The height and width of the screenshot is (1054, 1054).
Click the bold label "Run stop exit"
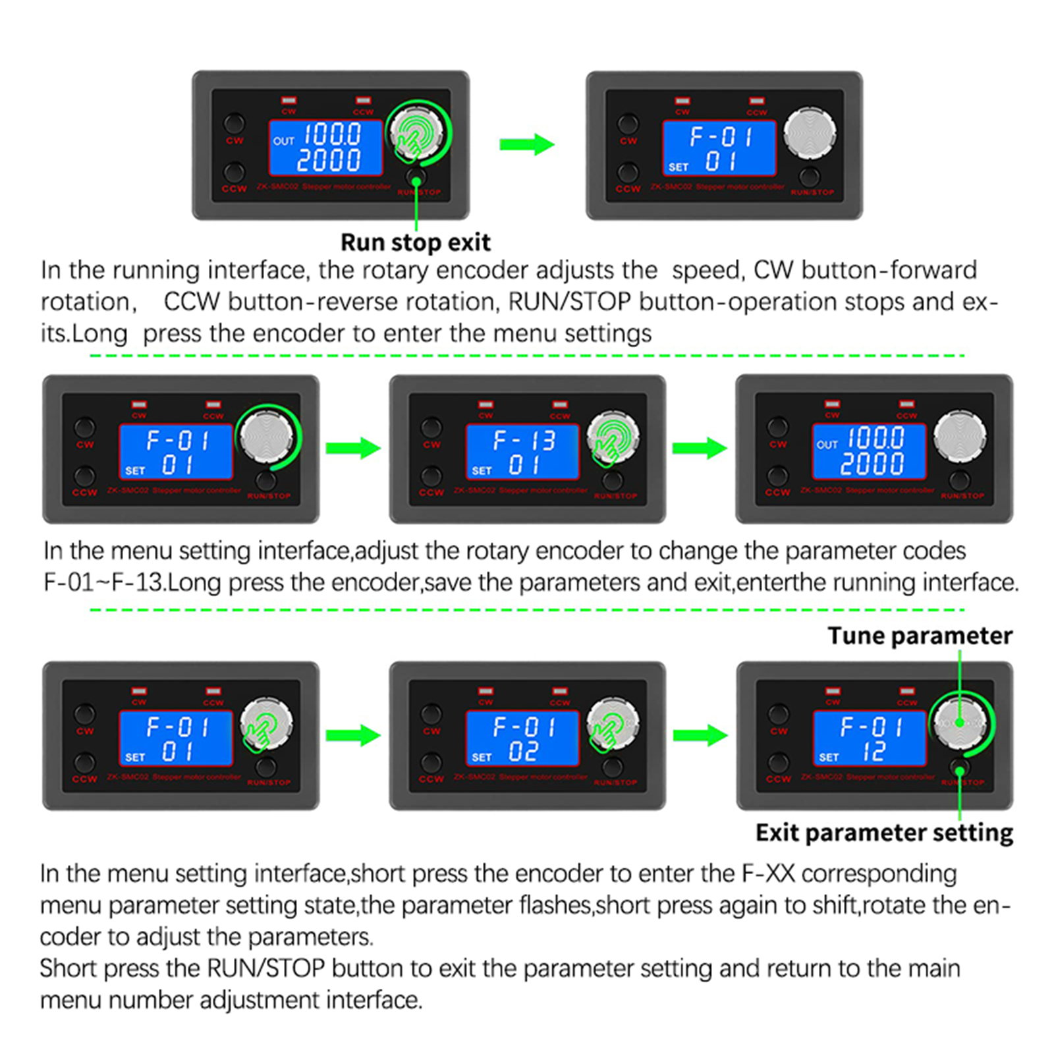[x=415, y=242]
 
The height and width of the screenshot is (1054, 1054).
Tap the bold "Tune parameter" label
[x=920, y=636]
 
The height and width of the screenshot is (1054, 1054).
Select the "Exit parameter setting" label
[x=884, y=833]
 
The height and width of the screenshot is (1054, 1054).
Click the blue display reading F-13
[x=522, y=451]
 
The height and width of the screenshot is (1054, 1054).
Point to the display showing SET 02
[x=522, y=738]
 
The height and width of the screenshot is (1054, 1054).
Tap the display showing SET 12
[x=870, y=738]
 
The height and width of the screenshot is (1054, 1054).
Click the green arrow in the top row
[x=526, y=144]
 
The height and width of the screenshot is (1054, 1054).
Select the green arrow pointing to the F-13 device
[x=353, y=448]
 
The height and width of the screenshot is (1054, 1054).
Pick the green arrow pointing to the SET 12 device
[x=700, y=735]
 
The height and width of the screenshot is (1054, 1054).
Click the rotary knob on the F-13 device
[x=613, y=437]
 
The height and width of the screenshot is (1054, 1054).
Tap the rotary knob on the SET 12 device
[x=960, y=723]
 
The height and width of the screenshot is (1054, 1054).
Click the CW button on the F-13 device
[x=431, y=427]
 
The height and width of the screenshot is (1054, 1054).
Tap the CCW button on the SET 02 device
[x=431, y=763]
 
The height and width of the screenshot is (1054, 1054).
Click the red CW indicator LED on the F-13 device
[x=486, y=404]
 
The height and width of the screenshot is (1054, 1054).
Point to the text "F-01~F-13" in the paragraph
[x=103, y=583]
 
